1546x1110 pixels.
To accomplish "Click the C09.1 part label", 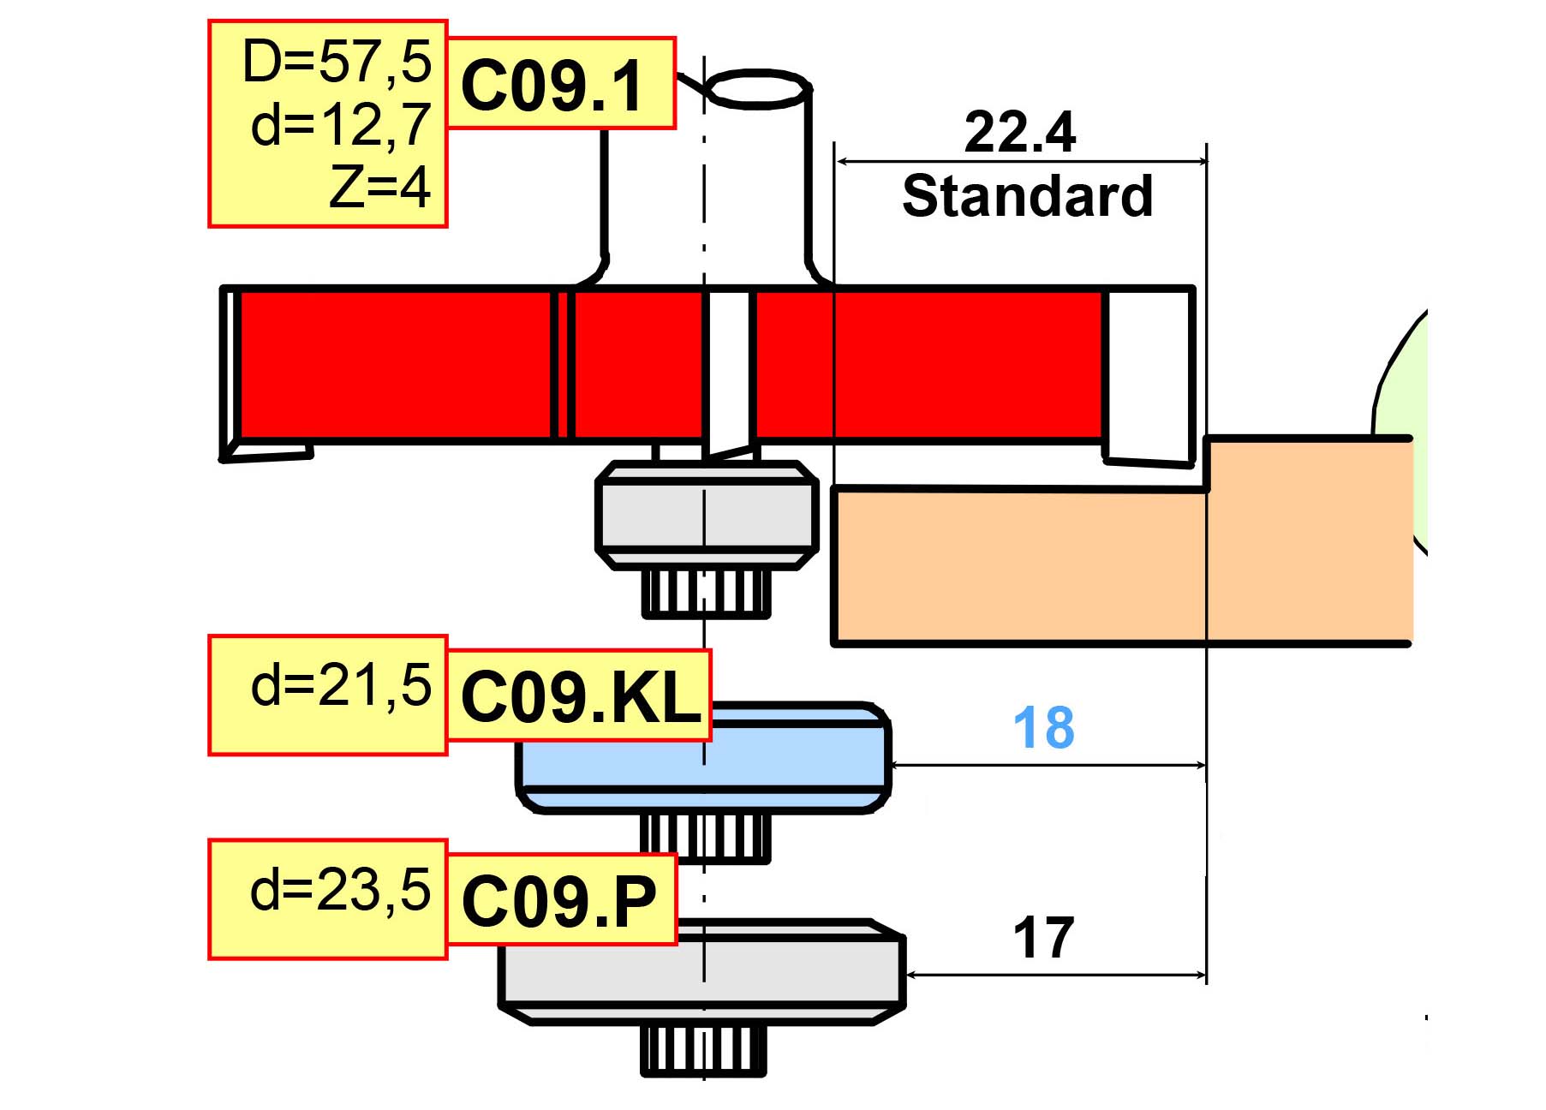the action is pyautogui.click(x=552, y=87).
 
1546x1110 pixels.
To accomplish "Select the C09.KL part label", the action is pyautogui.click(x=581, y=696).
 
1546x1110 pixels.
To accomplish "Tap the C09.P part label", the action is pyautogui.click(x=558, y=901).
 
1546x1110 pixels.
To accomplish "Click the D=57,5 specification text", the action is pyautogui.click(x=337, y=62).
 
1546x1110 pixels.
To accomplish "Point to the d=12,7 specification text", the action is pyautogui.click(x=341, y=125).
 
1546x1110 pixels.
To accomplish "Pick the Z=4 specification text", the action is pyautogui.click(x=379, y=187).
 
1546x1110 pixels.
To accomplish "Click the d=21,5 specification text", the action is pyautogui.click(x=341, y=685).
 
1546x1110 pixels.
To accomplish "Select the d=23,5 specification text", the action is pyautogui.click(x=341, y=890).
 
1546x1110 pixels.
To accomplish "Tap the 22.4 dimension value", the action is pyautogui.click(x=1019, y=133).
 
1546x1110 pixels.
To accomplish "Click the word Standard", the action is pyautogui.click(x=1028, y=196).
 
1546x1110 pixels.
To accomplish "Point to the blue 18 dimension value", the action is pyautogui.click(x=1043, y=728).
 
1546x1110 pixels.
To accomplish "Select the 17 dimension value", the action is pyautogui.click(x=1043, y=939).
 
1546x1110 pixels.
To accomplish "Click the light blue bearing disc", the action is pyautogui.click(x=703, y=757).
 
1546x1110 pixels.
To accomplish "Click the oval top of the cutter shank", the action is pyautogui.click(x=757, y=89).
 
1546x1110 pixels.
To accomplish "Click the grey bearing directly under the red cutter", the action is pyautogui.click(x=706, y=516).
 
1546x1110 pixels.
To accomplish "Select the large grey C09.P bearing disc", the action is pyautogui.click(x=702, y=972).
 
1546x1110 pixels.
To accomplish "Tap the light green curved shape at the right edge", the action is pyautogui.click(x=1401, y=428).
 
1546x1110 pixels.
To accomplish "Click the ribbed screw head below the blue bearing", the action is pyautogui.click(x=705, y=838).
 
